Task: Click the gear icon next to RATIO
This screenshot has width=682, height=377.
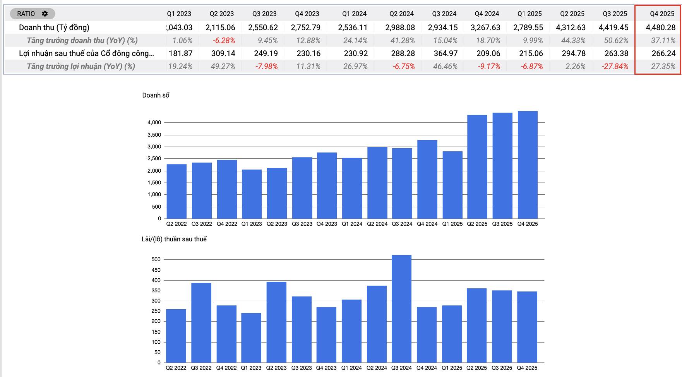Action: click(45, 14)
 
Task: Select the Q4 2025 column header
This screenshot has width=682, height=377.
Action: click(662, 14)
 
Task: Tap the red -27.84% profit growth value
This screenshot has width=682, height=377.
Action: click(615, 66)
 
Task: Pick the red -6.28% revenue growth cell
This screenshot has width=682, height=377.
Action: click(224, 40)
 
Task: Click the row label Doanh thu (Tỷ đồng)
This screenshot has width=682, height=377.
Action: click(54, 27)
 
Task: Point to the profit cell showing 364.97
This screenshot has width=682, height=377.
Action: click(446, 53)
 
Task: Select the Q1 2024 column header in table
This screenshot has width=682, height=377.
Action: click(354, 14)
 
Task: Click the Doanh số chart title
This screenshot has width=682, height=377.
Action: click(156, 95)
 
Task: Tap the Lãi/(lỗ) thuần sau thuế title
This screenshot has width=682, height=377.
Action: click(174, 239)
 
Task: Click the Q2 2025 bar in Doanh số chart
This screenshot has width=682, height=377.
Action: click(477, 166)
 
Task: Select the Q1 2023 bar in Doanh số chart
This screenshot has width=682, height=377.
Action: click(252, 194)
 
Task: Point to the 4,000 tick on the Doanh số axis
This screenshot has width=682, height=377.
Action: click(154, 123)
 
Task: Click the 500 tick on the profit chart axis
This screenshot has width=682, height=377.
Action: click(156, 260)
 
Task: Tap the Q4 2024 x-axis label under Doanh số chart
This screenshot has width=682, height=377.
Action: click(427, 224)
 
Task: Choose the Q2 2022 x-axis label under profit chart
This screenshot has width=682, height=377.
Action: click(176, 368)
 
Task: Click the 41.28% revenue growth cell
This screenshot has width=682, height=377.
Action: click(403, 40)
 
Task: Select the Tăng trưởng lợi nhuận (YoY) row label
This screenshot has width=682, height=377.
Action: click(81, 66)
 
